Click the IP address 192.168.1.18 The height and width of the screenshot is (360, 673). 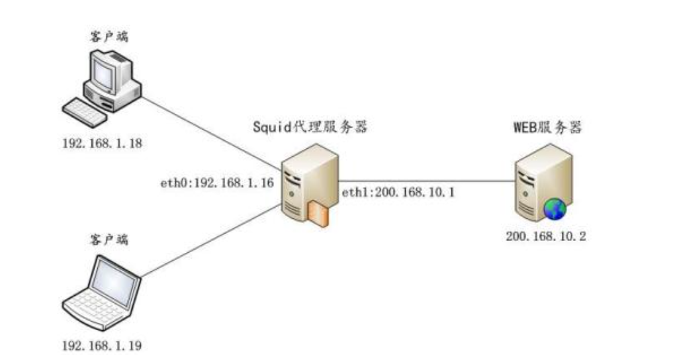coord(103,142)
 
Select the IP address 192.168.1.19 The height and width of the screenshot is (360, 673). coord(103,345)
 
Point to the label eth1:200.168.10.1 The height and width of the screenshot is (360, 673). coord(397,193)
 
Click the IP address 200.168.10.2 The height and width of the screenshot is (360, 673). coord(545,236)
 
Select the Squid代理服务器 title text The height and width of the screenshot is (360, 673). coord(310,126)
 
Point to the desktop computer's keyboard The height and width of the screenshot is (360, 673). coord(84,112)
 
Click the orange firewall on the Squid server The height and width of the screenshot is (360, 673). coord(317,215)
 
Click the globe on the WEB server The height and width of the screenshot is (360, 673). coord(555,209)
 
